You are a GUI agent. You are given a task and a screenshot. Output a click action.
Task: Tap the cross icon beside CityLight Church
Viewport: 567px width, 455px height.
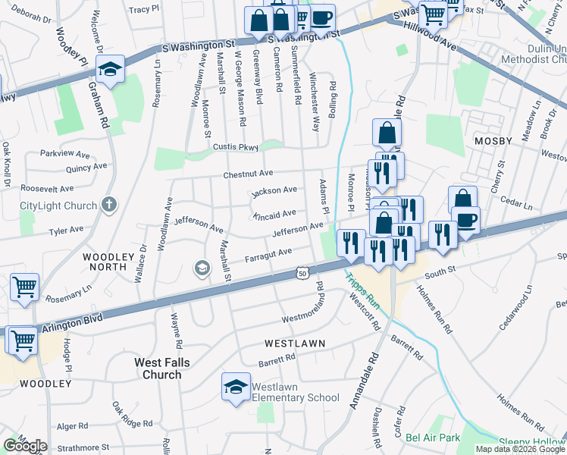(109, 204)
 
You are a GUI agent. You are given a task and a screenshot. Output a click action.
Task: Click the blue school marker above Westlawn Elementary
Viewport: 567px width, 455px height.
(236, 387)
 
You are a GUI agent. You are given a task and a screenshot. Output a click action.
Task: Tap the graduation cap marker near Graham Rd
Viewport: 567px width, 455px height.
(110, 71)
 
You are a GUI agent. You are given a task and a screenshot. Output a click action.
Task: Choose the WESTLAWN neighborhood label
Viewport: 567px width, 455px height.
(295, 344)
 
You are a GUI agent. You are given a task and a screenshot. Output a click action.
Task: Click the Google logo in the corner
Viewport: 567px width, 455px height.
(24, 445)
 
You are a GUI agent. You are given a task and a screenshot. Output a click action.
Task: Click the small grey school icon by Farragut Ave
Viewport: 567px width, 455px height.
(202, 267)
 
